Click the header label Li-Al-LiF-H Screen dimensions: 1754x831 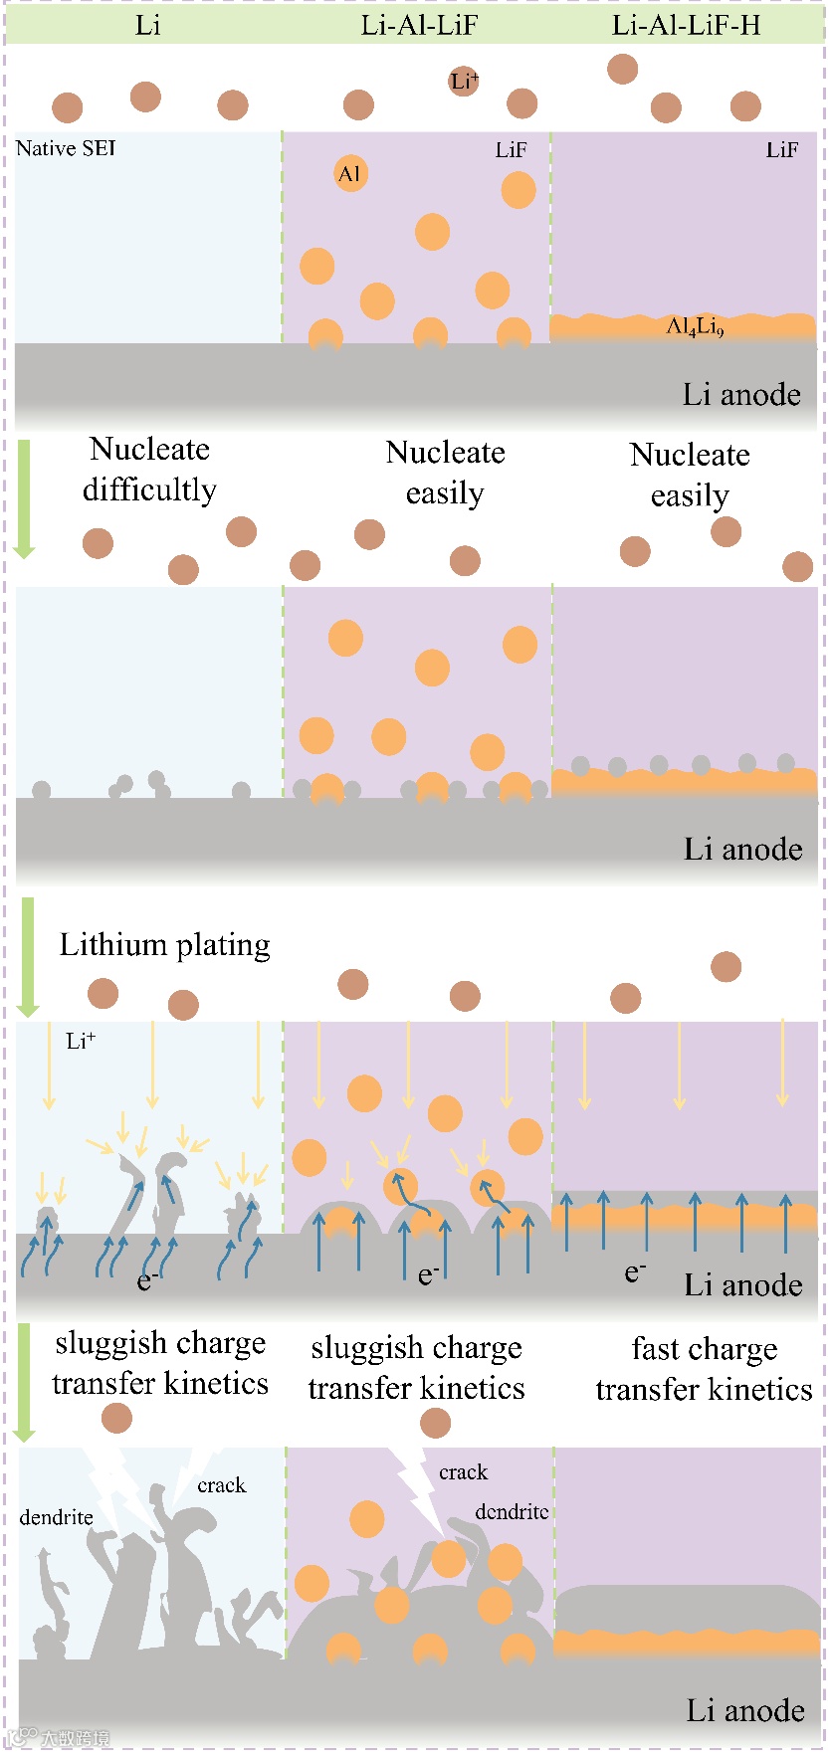pyautogui.click(x=686, y=25)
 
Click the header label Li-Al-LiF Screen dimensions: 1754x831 pyautogui.click(x=419, y=25)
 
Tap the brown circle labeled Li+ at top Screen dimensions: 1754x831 pyautogui.click(x=464, y=82)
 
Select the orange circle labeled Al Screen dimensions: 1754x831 pyautogui.click(x=349, y=174)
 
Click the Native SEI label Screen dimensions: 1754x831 pyautogui.click(x=66, y=148)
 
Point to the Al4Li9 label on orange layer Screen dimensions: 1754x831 pyautogui.click(x=695, y=326)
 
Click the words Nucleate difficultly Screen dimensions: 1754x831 pyautogui.click(x=149, y=470)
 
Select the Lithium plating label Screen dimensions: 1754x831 pyautogui.click(x=164, y=944)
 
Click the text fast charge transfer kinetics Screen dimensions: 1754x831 pyautogui.click(x=704, y=1369)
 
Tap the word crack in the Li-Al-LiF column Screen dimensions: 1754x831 pyautogui.click(x=463, y=1472)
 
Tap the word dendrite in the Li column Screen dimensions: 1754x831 pyautogui.click(x=56, y=1517)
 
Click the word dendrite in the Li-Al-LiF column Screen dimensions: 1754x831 pyautogui.click(x=512, y=1512)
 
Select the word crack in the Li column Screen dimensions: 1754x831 pyautogui.click(x=221, y=1485)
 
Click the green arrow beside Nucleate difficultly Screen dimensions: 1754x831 pyautogui.click(x=24, y=497)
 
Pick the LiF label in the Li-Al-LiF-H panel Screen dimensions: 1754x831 pyautogui.click(x=781, y=150)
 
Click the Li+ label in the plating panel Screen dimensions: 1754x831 pyautogui.click(x=81, y=1041)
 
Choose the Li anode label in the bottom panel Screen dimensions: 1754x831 pyautogui.click(x=745, y=1710)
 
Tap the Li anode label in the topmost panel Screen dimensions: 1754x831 pyautogui.click(x=741, y=395)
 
